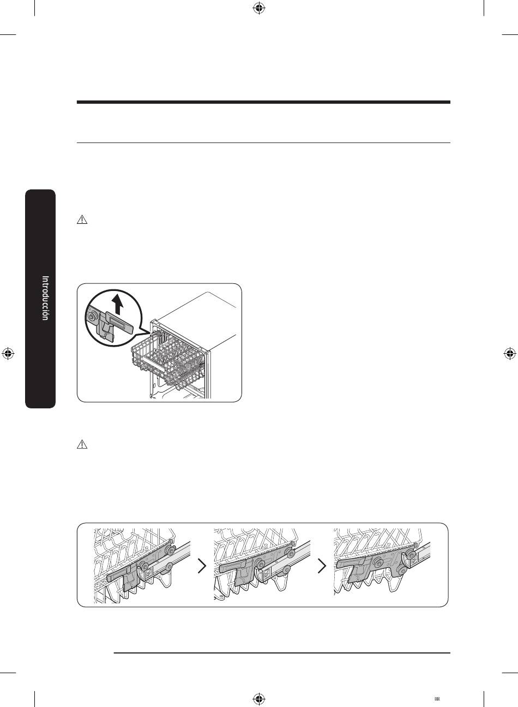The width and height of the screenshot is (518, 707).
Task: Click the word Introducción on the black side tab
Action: [x=45, y=298]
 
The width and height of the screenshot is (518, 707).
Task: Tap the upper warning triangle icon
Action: [x=82, y=219]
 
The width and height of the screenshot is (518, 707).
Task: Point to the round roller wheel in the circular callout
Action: [x=93, y=317]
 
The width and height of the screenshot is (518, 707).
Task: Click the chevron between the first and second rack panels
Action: [x=202, y=566]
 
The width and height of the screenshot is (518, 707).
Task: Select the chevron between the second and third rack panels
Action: [x=322, y=566]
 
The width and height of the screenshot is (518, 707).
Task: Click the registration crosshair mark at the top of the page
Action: [x=259, y=9]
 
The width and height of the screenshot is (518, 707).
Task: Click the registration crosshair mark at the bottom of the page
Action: [x=259, y=699]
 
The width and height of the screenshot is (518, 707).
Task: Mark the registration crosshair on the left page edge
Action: [x=8, y=354]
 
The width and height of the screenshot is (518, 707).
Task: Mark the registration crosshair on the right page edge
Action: [x=509, y=354]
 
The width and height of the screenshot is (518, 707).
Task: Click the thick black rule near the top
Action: [x=263, y=102]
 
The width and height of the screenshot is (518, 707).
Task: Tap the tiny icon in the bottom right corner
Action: [x=437, y=699]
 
